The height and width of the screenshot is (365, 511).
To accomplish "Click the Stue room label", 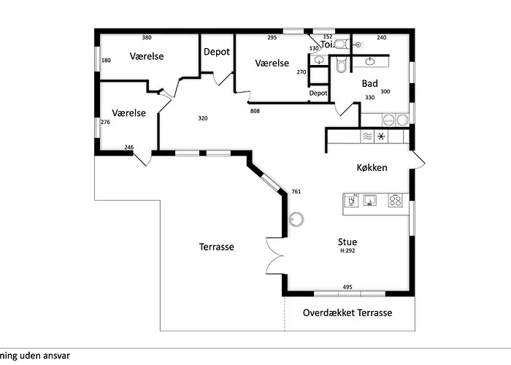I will pyautogui.click(x=347, y=241).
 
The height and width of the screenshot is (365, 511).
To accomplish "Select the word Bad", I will pyautogui.click(x=369, y=83).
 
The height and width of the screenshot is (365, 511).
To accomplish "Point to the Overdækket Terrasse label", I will pyautogui.click(x=347, y=312).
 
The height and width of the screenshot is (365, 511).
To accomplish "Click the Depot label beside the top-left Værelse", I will pyautogui.click(x=217, y=52).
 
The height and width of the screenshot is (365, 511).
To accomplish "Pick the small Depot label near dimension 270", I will pyautogui.click(x=318, y=93).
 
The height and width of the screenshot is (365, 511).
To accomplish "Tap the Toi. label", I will pyautogui.click(x=328, y=44).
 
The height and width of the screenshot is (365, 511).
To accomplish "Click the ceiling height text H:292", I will pyautogui.click(x=347, y=250).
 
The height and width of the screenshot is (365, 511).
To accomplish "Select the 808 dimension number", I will pyautogui.click(x=255, y=111).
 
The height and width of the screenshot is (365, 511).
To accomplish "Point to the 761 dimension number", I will pyautogui.click(x=296, y=191).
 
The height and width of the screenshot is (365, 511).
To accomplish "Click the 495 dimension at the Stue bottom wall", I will pyautogui.click(x=347, y=287).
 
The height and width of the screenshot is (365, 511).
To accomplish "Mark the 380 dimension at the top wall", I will pyautogui.click(x=147, y=37).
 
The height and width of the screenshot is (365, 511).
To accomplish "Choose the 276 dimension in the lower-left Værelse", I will pyautogui.click(x=105, y=122).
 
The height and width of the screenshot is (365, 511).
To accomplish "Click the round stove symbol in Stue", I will pyautogui.click(x=296, y=218).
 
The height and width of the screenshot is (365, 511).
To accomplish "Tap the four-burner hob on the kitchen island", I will pyautogui.click(x=396, y=200).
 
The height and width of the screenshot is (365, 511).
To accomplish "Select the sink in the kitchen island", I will pyautogui.click(x=371, y=200).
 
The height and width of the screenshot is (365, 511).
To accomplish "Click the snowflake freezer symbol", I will pyautogui.click(x=380, y=137).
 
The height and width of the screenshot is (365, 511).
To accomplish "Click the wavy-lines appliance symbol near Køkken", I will pyautogui.click(x=367, y=137).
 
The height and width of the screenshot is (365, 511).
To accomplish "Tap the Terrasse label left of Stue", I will pyautogui.click(x=216, y=247).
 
